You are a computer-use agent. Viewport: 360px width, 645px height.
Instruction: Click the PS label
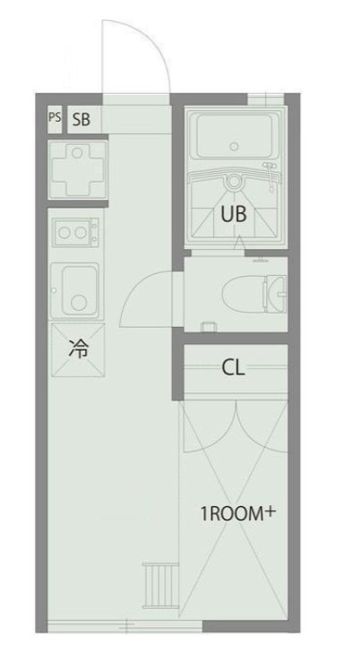tap(55, 117)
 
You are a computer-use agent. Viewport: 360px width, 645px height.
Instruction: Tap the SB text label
tap(81, 118)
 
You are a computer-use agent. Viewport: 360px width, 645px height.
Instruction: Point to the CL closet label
tap(234, 367)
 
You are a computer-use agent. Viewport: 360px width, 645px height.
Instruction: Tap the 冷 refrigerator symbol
tap(78, 349)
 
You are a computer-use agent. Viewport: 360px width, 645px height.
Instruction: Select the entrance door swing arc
tap(134, 54)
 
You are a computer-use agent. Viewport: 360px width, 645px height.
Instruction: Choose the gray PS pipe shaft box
tap(55, 117)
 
